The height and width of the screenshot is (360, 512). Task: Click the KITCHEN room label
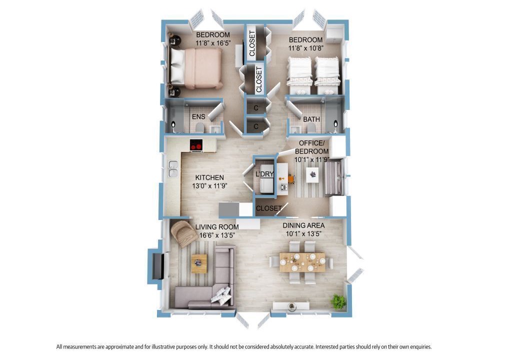point(209,177)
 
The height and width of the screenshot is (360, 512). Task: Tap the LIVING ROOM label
point(217,227)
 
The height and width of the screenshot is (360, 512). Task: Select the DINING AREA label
point(303,225)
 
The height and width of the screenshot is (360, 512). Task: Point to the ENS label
point(198,116)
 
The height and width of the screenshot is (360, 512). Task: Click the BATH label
point(311,119)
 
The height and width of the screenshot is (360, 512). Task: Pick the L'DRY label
point(264,174)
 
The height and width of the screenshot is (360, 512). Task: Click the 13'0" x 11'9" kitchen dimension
point(209,186)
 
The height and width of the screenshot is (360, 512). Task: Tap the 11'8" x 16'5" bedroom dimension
point(213,43)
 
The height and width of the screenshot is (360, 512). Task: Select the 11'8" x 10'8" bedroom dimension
point(306,48)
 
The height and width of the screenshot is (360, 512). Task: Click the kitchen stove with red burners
point(196,145)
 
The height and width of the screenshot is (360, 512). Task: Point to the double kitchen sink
point(172,169)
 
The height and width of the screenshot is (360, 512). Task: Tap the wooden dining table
point(302,262)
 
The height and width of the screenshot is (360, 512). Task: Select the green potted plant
point(337,301)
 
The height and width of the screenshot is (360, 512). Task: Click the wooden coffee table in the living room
point(199,263)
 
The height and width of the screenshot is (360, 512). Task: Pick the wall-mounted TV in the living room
point(159,265)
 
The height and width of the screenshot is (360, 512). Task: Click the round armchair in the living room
point(184,233)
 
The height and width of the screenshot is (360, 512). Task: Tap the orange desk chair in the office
point(290,178)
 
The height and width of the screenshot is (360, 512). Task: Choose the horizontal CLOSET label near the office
point(268,208)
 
